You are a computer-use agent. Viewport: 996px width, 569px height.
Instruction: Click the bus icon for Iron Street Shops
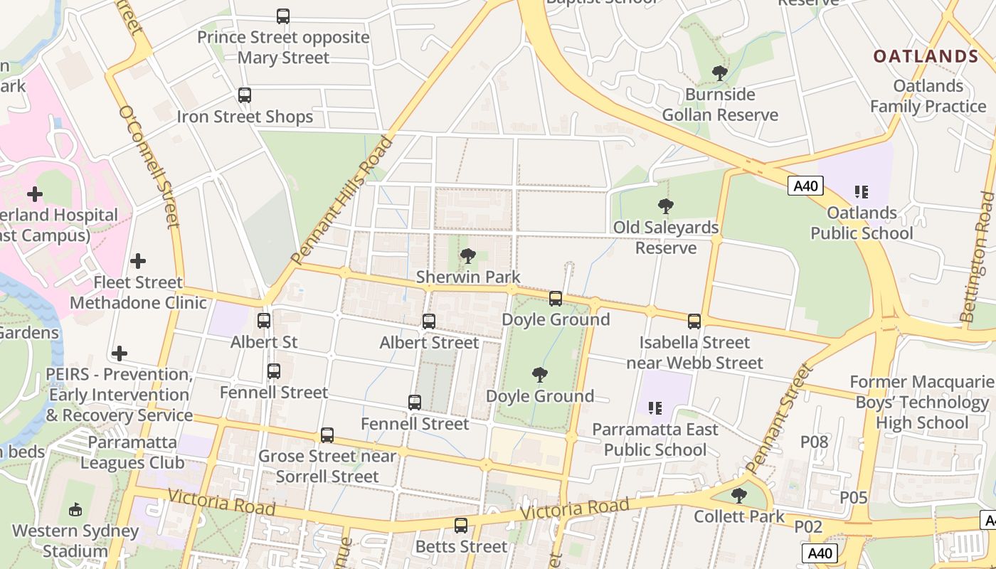click(245, 95)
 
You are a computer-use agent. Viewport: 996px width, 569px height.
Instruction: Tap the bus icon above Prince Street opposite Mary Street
click(283, 16)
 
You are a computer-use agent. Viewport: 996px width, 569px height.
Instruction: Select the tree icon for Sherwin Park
click(468, 256)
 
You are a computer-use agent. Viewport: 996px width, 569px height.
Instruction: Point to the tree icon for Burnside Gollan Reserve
click(720, 73)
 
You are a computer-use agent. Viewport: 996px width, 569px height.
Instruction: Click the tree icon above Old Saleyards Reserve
click(666, 206)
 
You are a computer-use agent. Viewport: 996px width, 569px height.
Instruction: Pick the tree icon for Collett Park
click(739, 496)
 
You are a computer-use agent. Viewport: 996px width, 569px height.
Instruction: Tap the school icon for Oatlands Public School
click(862, 192)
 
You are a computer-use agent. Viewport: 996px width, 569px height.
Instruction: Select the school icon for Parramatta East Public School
click(655, 408)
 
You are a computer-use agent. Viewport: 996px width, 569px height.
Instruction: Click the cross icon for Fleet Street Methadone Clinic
click(138, 261)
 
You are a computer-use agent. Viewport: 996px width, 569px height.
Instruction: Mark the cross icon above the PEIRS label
click(120, 353)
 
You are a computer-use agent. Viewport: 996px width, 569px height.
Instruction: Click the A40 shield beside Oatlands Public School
click(806, 186)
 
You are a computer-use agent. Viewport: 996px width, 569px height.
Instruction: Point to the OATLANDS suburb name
click(926, 56)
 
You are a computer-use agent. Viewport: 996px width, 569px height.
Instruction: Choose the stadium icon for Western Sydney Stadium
click(75, 509)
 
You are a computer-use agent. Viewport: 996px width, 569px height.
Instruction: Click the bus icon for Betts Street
click(461, 526)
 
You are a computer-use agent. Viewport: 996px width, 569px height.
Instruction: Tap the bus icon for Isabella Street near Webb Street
click(694, 321)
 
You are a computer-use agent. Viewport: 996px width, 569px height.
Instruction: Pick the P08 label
click(815, 442)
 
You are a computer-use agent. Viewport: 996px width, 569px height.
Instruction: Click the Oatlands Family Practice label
click(928, 96)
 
